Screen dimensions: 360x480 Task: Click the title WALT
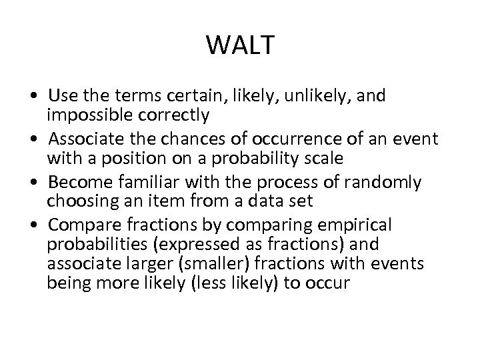click(240, 45)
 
